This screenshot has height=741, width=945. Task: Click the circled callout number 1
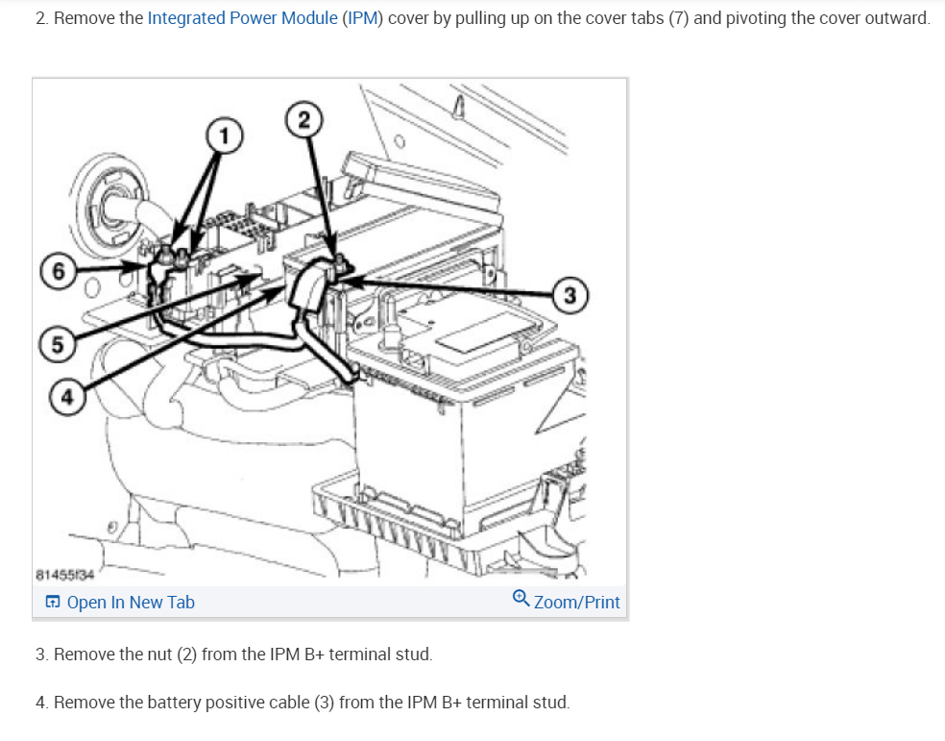tap(224, 136)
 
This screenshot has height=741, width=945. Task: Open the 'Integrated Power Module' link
tap(242, 18)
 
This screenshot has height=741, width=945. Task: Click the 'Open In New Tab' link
tap(130, 603)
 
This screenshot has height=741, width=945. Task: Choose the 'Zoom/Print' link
tap(576, 603)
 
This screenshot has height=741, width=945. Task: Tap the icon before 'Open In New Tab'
tap(53, 603)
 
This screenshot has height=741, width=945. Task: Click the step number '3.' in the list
tap(42, 655)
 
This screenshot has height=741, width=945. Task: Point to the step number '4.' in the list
tap(42, 703)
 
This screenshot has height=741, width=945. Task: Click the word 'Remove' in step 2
tap(84, 18)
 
